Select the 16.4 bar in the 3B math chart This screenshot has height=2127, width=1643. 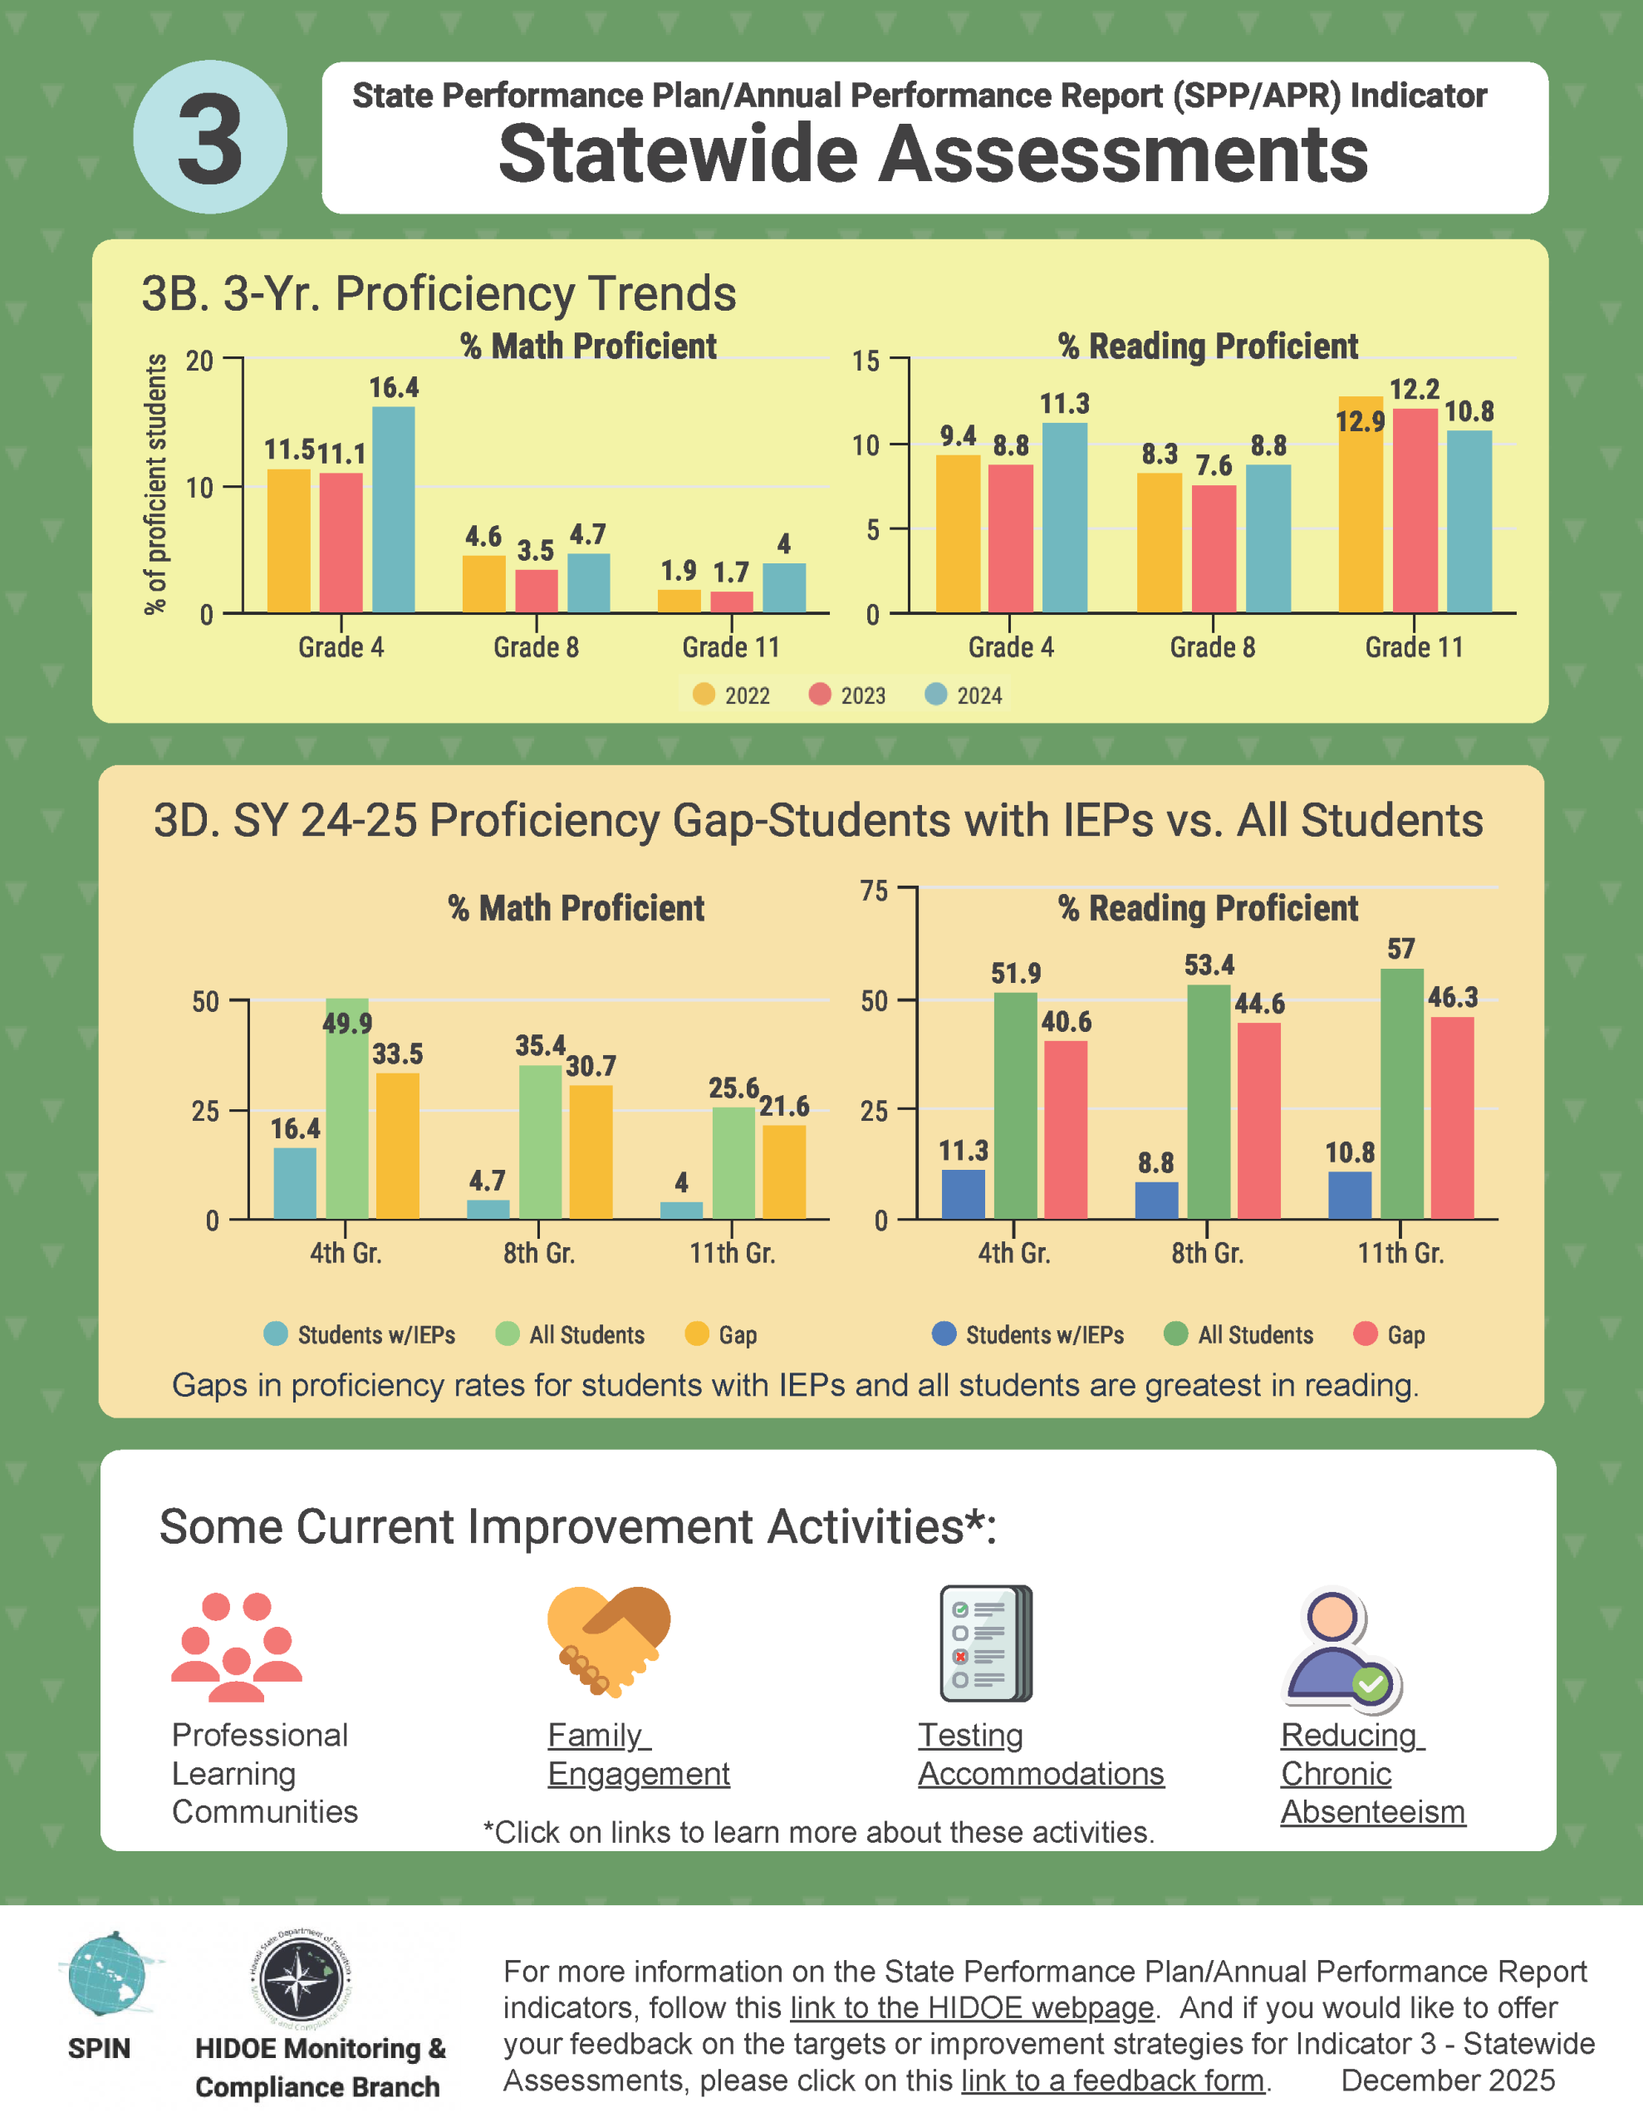pyautogui.click(x=394, y=509)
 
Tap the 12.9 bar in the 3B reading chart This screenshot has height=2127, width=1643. pyautogui.click(x=1360, y=504)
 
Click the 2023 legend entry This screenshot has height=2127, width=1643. pyautogui.click(x=847, y=695)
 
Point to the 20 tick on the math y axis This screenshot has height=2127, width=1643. pyautogui.click(x=199, y=361)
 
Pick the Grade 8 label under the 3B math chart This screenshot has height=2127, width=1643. pyautogui.click(x=536, y=647)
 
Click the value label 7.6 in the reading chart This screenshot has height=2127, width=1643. pyautogui.click(x=1214, y=465)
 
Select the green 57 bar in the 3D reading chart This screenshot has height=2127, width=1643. pyautogui.click(x=1401, y=1093)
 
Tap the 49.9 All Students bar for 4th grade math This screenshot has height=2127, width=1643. pyautogui.click(x=348, y=1108)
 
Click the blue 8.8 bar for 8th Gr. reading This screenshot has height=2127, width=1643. pyautogui.click(x=1156, y=1200)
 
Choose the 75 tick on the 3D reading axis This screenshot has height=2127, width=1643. pyautogui.click(x=874, y=890)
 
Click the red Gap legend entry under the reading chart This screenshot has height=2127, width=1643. pyautogui.click(x=1390, y=1334)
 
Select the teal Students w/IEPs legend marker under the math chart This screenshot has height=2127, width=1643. pyautogui.click(x=277, y=1334)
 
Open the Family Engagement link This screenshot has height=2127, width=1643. pyautogui.click(x=638, y=1754)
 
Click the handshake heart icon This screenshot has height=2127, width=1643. pyautogui.click(x=609, y=1642)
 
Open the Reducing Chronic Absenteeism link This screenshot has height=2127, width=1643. pyautogui.click(x=1371, y=1774)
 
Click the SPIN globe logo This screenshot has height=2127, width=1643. pyautogui.click(x=106, y=1974)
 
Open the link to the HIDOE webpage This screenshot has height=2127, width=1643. pyautogui.click(x=971, y=2008)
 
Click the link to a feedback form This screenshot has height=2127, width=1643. pyautogui.click(x=1112, y=2080)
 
